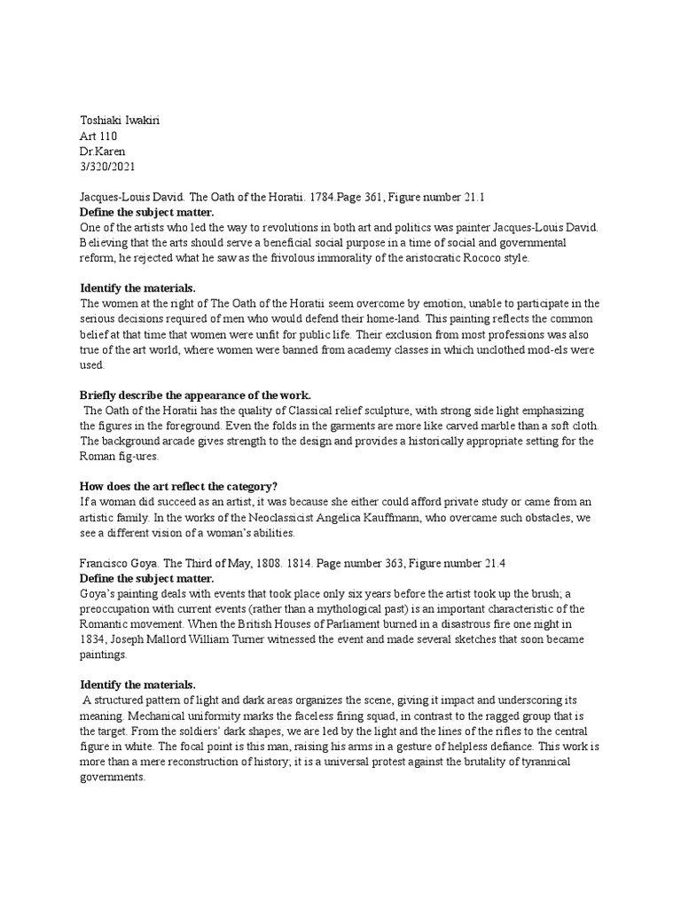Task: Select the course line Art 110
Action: click(x=98, y=137)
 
